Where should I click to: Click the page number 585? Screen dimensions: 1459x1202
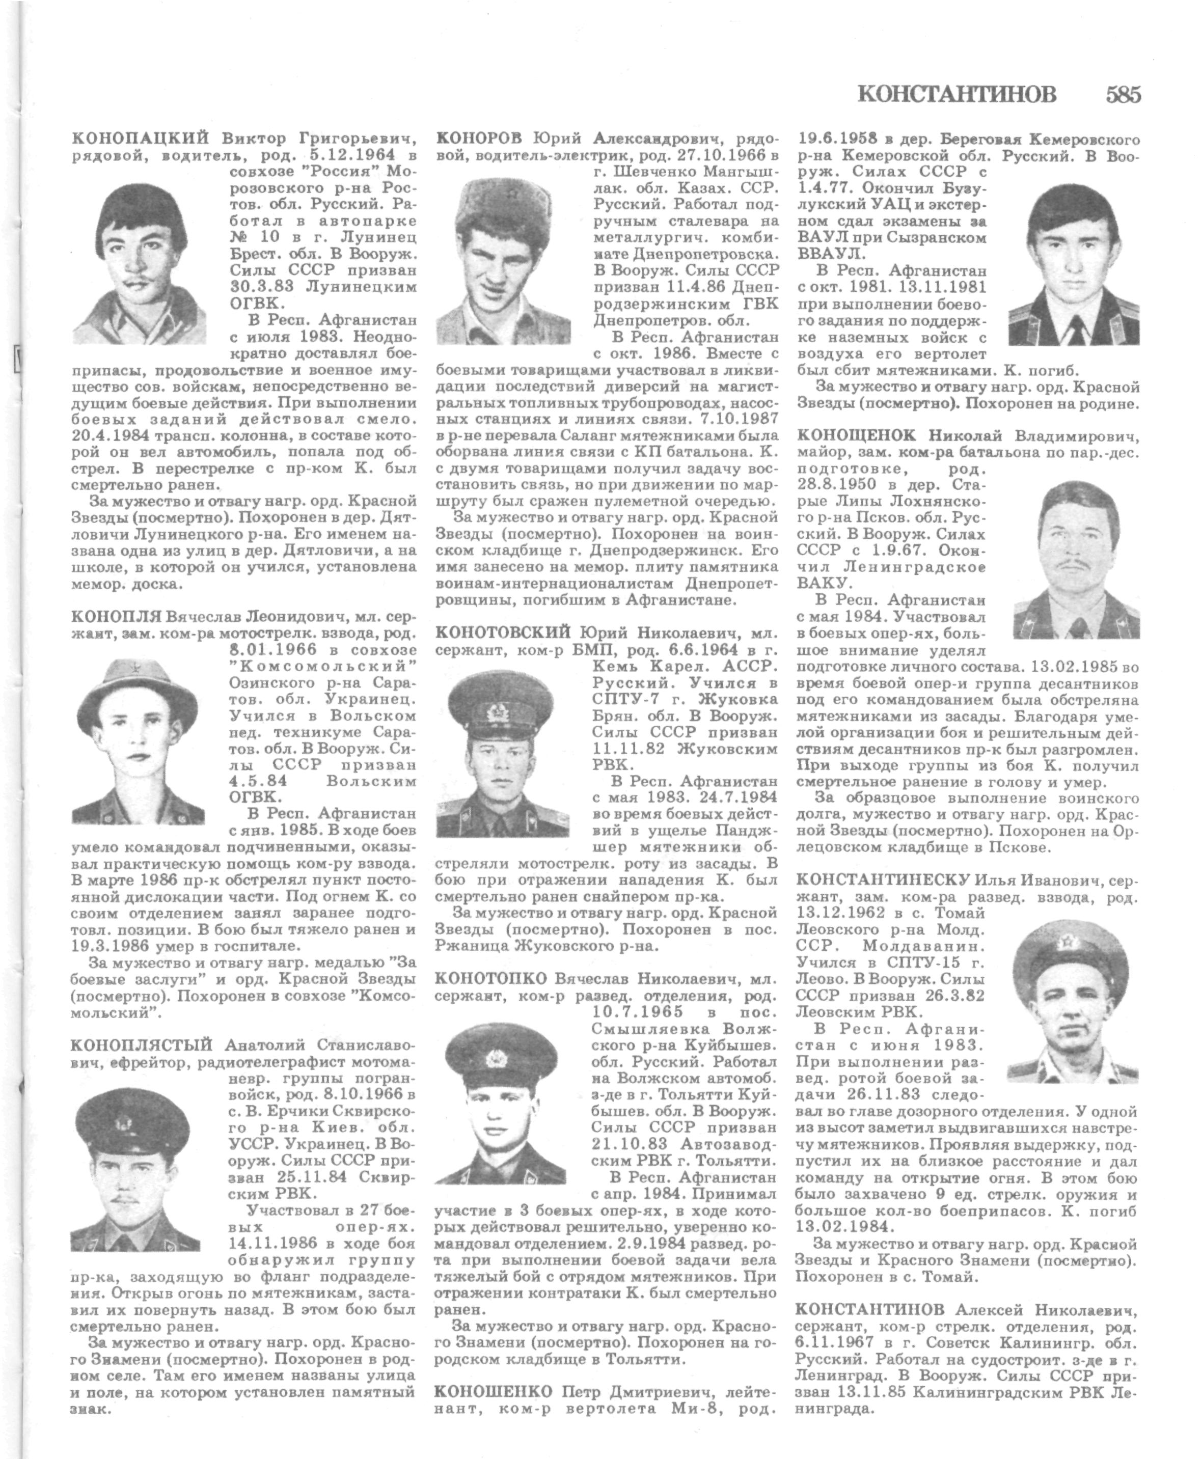tap(1123, 94)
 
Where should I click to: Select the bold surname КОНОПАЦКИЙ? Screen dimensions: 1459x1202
tap(142, 137)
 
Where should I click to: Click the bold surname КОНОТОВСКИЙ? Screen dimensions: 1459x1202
tap(503, 632)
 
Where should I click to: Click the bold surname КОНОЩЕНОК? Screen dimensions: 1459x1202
tap(857, 435)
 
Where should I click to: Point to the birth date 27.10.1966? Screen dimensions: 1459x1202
tap(730, 154)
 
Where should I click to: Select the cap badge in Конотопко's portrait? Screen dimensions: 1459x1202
tap(495, 1058)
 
